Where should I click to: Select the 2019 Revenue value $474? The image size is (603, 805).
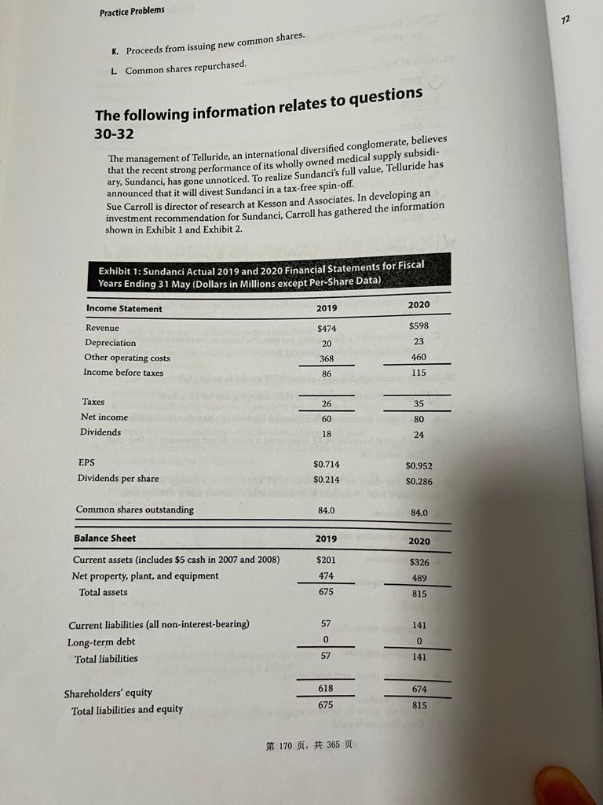[327, 327]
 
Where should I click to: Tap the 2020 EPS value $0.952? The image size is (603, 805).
[419, 465]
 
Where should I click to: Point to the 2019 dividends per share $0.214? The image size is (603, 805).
[327, 479]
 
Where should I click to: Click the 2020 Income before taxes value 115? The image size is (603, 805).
[419, 373]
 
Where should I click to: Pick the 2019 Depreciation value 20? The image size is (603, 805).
[327, 343]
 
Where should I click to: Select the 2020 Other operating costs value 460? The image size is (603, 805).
[419, 358]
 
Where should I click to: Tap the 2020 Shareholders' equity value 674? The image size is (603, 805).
[419, 689]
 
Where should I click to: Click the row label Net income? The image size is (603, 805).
[104, 417]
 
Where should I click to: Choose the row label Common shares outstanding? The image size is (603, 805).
[134, 509]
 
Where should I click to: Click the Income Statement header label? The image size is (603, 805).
[124, 309]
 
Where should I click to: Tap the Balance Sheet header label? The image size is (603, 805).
[104, 539]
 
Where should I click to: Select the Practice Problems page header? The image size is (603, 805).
[132, 10]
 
